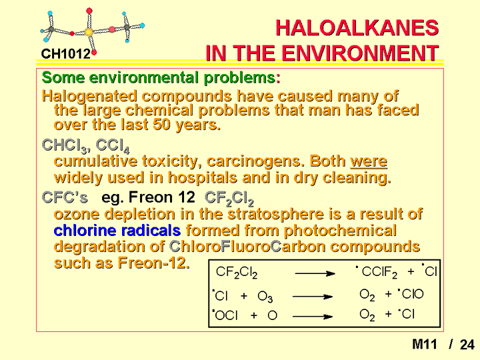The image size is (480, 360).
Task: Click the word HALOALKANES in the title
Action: (x=357, y=27)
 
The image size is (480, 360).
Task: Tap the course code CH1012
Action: (x=66, y=54)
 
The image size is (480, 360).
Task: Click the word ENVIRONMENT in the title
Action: (x=360, y=53)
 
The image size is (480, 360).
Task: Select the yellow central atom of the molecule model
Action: (x=89, y=32)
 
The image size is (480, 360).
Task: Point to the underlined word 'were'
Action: (x=369, y=161)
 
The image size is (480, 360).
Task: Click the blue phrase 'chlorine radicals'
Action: (x=117, y=230)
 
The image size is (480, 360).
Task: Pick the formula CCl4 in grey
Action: (x=113, y=145)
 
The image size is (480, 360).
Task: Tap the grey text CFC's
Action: (x=65, y=197)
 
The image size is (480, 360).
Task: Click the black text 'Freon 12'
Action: (x=161, y=197)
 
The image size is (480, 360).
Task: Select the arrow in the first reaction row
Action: (x=315, y=273)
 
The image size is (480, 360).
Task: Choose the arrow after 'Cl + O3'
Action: (x=313, y=296)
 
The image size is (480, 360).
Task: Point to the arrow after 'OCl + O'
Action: (x=313, y=317)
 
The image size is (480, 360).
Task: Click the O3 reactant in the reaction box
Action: (x=265, y=296)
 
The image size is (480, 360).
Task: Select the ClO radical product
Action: (x=411, y=294)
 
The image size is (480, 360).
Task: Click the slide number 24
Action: (x=467, y=345)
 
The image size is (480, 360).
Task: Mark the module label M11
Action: (x=425, y=344)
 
